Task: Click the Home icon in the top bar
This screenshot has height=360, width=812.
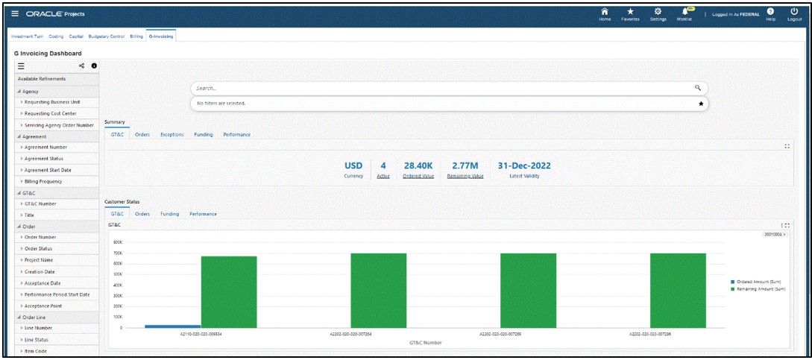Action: [604, 12]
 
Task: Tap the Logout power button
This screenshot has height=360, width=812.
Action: [793, 12]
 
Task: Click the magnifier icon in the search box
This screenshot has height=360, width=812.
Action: [698, 88]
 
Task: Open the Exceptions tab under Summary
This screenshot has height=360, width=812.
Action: [172, 135]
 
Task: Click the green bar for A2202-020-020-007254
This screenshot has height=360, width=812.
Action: [379, 290]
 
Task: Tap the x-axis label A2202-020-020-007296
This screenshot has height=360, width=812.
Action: [649, 334]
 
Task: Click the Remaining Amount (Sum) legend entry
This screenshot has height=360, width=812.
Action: [760, 288]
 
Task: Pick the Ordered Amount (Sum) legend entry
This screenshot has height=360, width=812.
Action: [758, 281]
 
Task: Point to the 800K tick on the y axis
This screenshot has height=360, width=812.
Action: [117, 241]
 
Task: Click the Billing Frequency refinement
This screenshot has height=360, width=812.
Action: [45, 181]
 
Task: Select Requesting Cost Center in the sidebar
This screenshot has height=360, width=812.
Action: [50, 113]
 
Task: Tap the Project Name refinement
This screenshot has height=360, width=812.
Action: [42, 260]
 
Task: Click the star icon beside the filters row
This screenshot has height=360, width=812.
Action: [700, 104]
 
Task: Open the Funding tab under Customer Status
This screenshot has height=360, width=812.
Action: [170, 214]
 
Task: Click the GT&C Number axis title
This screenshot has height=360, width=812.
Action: [425, 342]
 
